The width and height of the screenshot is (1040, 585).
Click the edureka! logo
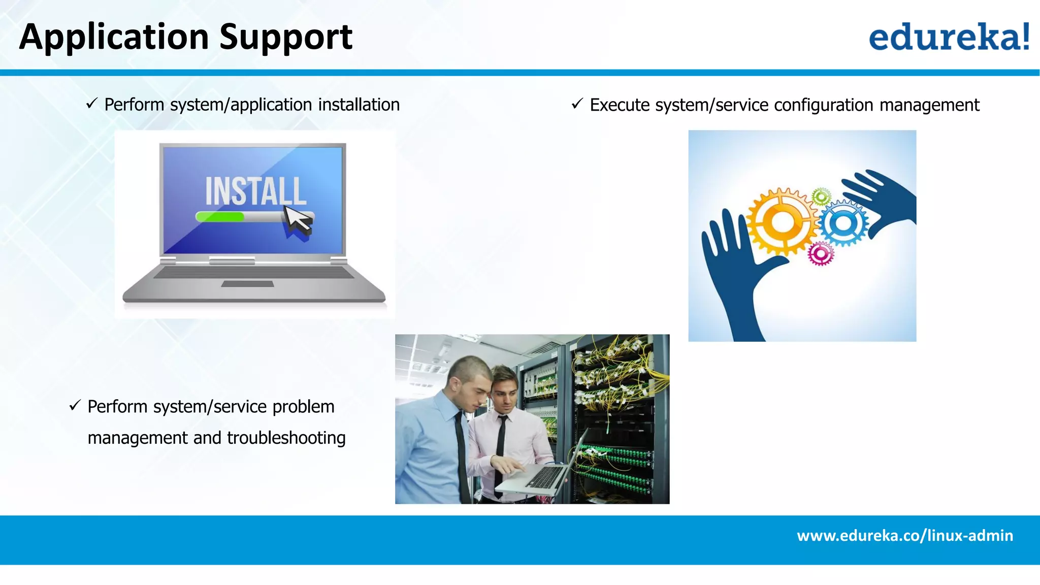pyautogui.click(x=949, y=37)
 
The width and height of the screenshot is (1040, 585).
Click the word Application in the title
pyautogui.click(x=114, y=38)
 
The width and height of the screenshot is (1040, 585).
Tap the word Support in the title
pyautogui.click(x=286, y=38)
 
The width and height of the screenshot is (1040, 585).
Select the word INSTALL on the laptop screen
pyautogui.click(x=255, y=191)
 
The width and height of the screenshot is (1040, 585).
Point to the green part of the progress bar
pyautogui.click(x=220, y=217)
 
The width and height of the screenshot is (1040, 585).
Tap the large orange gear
pyautogui.click(x=783, y=222)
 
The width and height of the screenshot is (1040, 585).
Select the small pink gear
pyautogui.click(x=820, y=253)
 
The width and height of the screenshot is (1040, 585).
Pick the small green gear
pyautogui.click(x=821, y=197)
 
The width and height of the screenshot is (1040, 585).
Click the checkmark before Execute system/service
pyautogui.click(x=577, y=104)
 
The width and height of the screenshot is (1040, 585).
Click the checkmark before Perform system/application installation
pyautogui.click(x=91, y=104)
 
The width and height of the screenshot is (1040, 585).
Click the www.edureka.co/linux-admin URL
pyautogui.click(x=904, y=536)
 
